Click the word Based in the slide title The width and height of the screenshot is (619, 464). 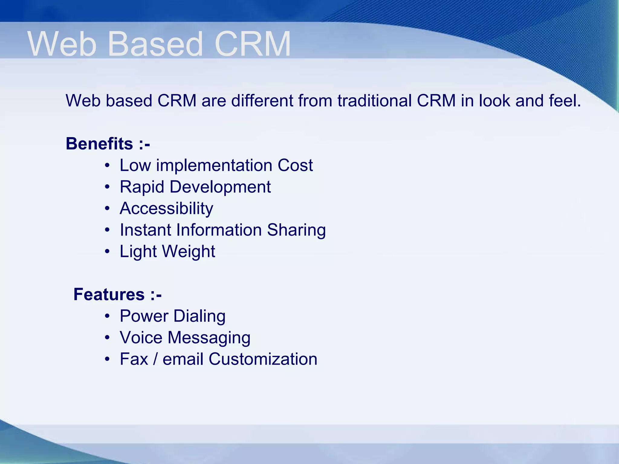coord(155,44)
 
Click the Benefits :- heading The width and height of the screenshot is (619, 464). coord(108,143)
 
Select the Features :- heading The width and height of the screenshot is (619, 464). coord(118,294)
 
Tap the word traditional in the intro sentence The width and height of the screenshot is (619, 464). coord(374,101)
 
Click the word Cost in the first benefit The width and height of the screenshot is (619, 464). coord(295,165)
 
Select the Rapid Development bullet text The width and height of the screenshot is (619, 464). coord(195,187)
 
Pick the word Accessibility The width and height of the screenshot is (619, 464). coord(166,208)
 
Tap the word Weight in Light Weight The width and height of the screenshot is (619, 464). coord(190,252)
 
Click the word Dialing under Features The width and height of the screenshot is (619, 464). coord(199,316)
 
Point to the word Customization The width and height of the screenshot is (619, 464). coord(263,359)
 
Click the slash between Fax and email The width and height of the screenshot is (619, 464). coord(155,359)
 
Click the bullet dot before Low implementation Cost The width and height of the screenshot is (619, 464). coord(107,166)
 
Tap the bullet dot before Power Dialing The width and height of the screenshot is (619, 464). coord(107,317)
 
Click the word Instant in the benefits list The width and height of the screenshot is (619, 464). coord(145,230)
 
